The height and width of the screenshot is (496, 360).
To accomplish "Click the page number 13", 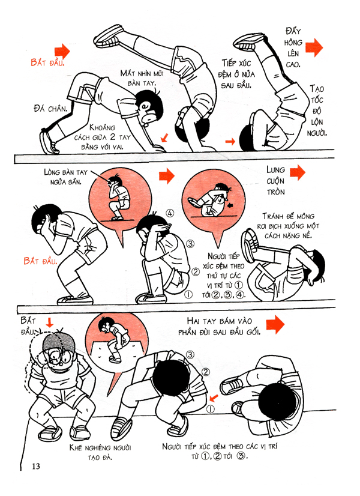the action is point(36,465).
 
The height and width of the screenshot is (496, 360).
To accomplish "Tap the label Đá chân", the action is point(50,109).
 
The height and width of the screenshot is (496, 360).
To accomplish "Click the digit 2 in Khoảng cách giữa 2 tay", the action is point(112,138).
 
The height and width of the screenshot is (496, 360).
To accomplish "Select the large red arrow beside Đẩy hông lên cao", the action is point(314,47).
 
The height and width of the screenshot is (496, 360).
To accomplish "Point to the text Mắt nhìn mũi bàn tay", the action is point(142,79).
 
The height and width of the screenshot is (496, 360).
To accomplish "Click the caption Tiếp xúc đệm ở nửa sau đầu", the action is point(236,74).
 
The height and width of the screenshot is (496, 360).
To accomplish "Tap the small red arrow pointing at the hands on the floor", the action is point(164,138).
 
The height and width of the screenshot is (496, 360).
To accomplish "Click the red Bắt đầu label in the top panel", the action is point(47,62).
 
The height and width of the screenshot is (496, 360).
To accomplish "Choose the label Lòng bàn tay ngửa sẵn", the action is point(65,177).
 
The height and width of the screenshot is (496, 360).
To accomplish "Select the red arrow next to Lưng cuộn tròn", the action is point(298,172).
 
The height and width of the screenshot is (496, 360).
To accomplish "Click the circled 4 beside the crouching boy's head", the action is point(170,214).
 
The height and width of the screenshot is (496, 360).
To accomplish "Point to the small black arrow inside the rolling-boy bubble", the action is point(230,205).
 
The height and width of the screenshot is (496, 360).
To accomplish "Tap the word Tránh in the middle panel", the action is point(273,216).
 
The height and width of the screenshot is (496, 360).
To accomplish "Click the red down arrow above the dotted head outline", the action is point(50,322).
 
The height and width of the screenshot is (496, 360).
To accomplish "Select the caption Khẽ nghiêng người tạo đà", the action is point(100,452).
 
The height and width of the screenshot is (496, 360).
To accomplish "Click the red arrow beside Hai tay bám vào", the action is point(275,324).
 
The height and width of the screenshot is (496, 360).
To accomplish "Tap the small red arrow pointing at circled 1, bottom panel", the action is point(214,398).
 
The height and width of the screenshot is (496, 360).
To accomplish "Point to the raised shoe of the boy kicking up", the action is point(109,35).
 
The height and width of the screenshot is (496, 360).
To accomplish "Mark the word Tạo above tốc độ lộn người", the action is point(316,89).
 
